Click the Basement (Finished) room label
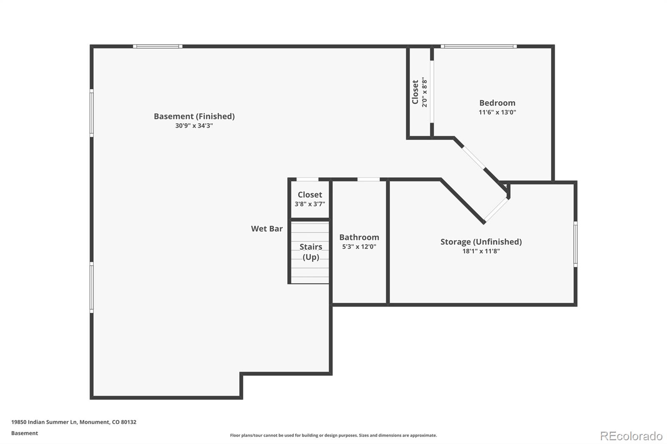194,116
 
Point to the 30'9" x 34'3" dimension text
194,126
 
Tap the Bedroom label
497,103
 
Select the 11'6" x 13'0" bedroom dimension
497,112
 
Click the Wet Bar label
267,229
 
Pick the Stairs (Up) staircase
310,252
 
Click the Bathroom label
359,237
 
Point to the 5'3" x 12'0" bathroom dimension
359,247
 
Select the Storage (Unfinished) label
481,242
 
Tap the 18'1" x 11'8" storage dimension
481,251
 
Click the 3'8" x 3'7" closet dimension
310,204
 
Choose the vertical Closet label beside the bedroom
415,92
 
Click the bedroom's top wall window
479,46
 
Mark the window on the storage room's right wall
576,244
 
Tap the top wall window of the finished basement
158,46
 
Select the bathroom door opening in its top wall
369,180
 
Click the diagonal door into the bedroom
474,158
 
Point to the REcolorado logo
631,436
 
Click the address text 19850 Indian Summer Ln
44,422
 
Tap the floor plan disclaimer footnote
333,435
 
